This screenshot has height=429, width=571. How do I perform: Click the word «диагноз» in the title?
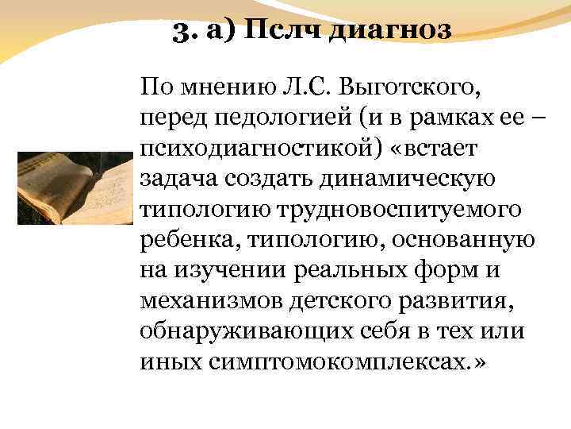point(390,31)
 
